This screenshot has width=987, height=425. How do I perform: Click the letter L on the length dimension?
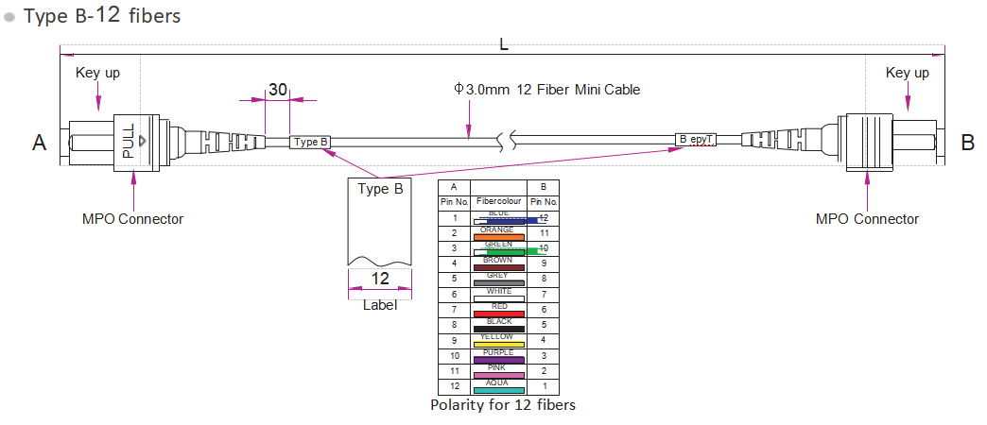coord(504,44)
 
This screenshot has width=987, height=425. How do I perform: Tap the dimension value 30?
coord(278,90)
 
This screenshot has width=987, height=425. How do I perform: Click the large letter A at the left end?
coord(39,143)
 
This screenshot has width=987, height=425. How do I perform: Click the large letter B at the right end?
coord(967,143)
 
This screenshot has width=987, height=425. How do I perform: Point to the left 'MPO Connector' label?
coord(132,219)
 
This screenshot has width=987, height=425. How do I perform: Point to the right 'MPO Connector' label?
coord(867,219)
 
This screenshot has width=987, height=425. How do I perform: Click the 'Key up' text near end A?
coord(97,73)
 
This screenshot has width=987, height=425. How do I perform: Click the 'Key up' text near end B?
coord(907,73)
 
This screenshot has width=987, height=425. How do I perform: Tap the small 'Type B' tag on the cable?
coord(311,143)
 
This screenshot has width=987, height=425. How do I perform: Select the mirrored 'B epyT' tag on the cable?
coord(696,140)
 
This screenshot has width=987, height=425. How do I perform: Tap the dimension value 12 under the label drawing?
coord(380,279)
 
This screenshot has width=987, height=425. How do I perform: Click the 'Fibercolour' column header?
coord(498,202)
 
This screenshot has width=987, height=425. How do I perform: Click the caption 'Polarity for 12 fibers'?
coord(502,405)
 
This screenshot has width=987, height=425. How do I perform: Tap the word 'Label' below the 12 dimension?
coord(380,305)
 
